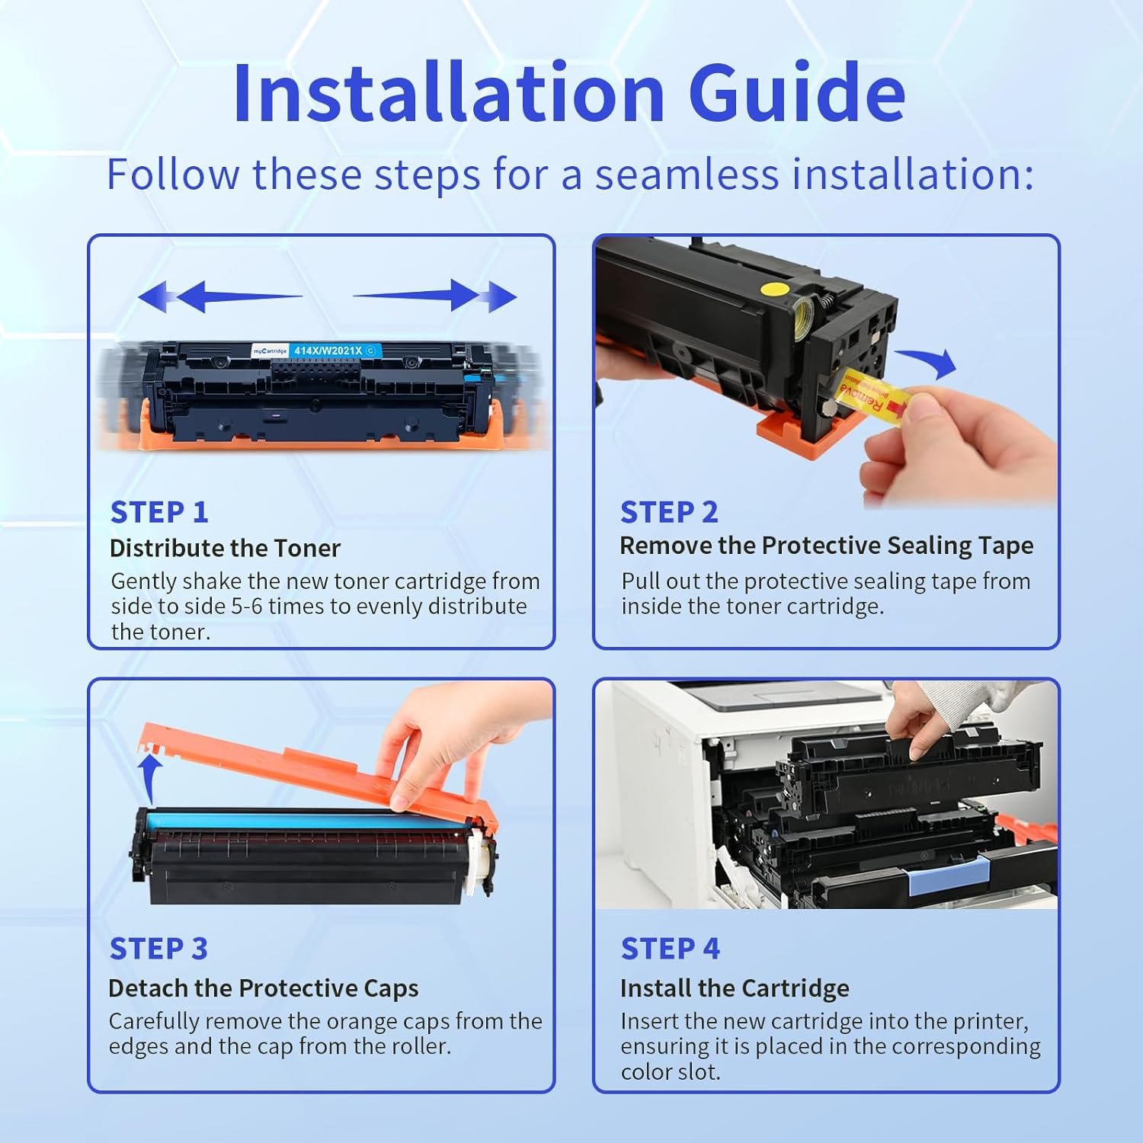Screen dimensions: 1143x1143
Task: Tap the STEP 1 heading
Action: [159, 512]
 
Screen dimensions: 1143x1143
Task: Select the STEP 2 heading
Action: [669, 512]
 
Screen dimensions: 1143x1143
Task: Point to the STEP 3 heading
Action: [158, 949]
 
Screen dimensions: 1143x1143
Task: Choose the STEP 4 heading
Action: [670, 949]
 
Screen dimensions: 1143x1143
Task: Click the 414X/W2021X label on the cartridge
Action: [328, 351]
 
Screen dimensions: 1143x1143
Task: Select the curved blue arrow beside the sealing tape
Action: [928, 361]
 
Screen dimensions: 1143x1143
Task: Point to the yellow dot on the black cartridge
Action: [775, 289]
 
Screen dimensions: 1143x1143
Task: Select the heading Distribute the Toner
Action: [225, 548]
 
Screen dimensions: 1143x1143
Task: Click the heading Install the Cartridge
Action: [735, 988]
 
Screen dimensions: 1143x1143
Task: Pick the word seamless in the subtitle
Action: [687, 174]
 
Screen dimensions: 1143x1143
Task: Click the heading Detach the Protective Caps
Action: [264, 988]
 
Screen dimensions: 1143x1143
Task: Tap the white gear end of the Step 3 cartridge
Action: [478, 861]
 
